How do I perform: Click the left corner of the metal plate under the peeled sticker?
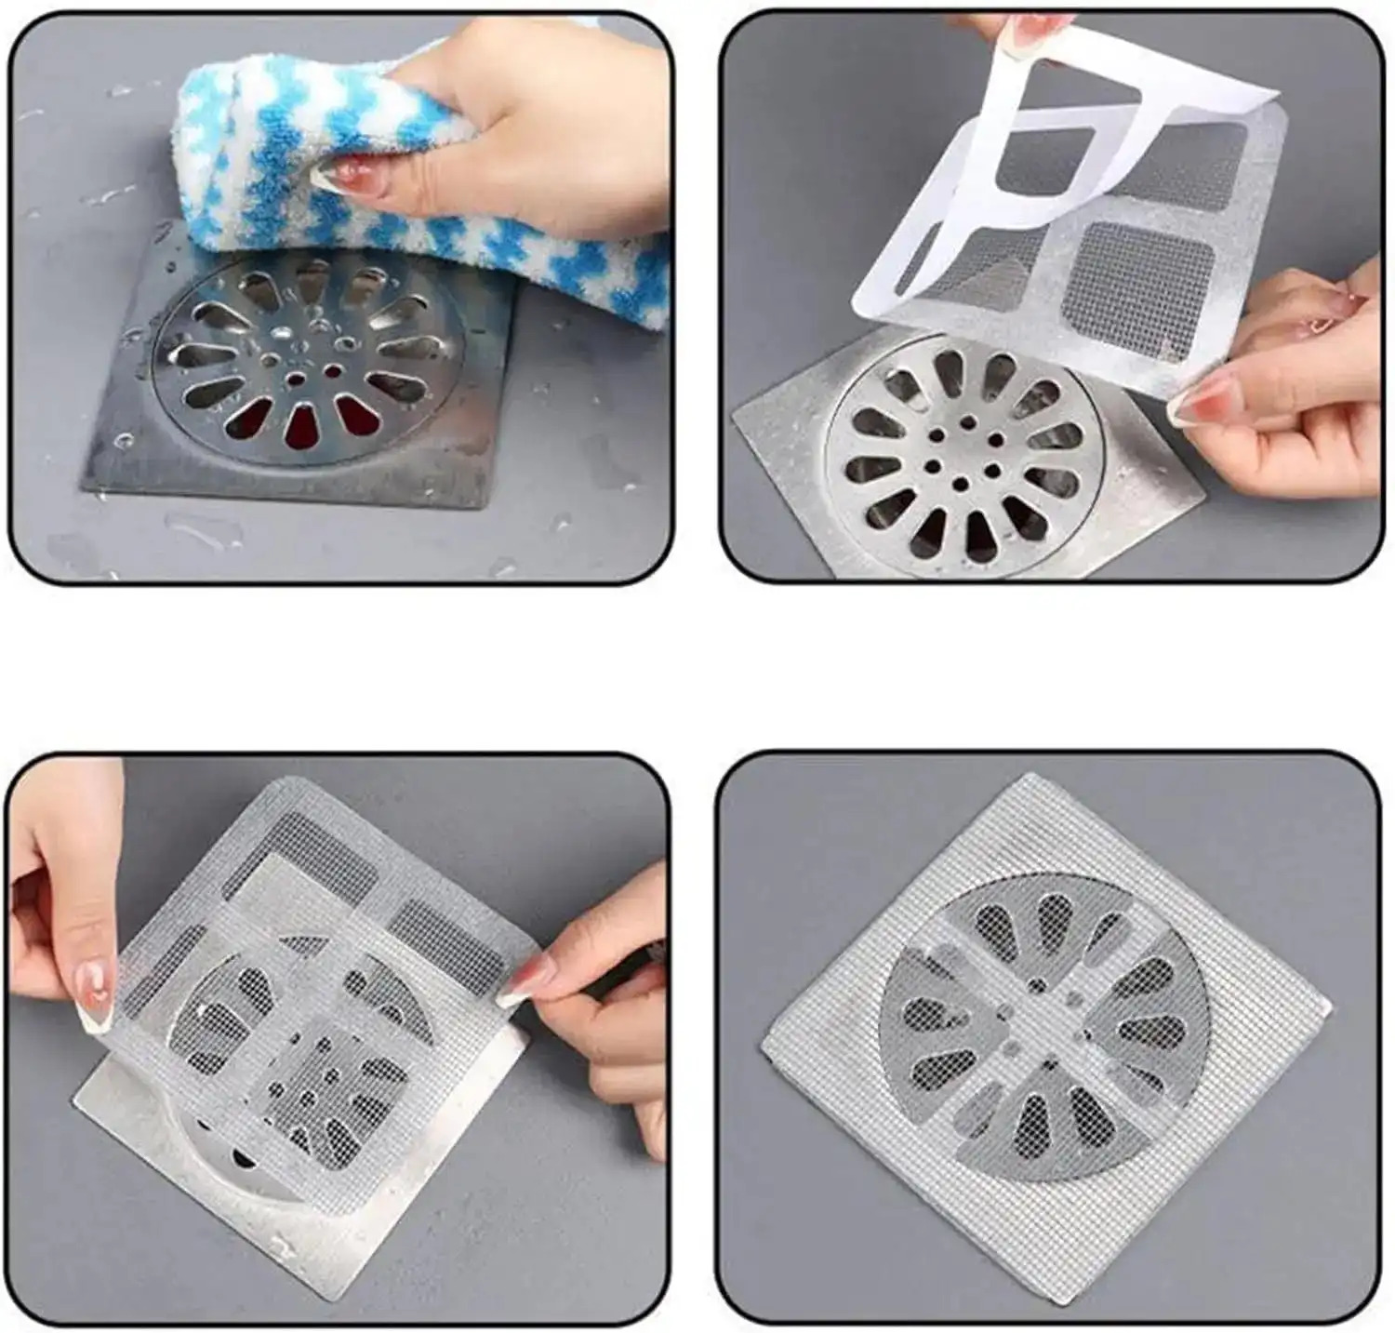(739, 419)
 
